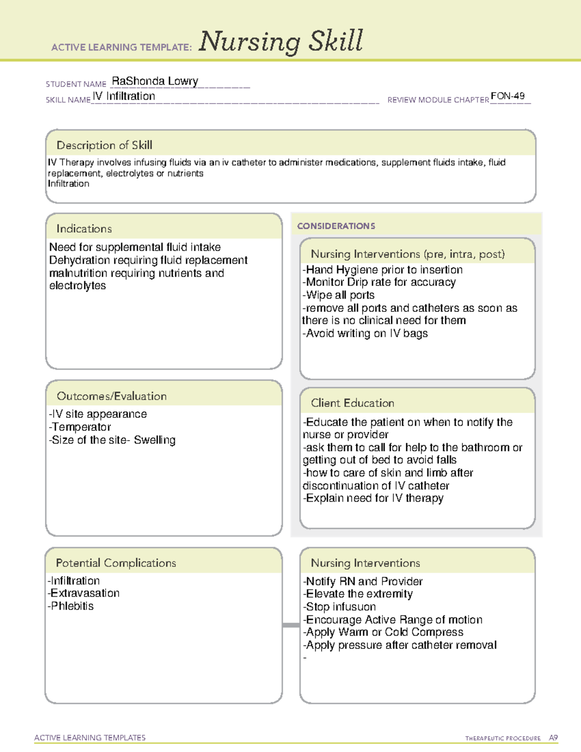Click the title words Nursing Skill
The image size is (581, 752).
tap(281, 41)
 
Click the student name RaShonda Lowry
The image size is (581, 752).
tap(155, 81)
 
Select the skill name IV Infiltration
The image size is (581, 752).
tap(124, 96)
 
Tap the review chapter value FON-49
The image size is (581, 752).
tap(507, 96)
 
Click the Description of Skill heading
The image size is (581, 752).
tap(104, 145)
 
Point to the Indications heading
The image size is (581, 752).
tap(84, 229)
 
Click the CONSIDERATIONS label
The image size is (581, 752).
tap(336, 226)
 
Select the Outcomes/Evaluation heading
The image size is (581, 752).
tap(111, 396)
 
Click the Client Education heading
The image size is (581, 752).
tap(352, 403)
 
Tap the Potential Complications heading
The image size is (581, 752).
tap(116, 563)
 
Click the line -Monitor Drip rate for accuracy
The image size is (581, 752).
tap(379, 282)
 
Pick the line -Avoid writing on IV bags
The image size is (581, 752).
tap(365, 334)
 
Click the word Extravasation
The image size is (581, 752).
tap(85, 593)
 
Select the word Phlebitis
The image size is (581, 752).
tap(72, 606)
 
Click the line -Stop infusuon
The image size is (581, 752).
tap(339, 607)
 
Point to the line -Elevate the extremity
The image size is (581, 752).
tap(358, 594)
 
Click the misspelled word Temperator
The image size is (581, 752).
tap(81, 427)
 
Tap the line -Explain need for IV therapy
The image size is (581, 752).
tap(373, 498)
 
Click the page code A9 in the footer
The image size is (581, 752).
tap(553, 738)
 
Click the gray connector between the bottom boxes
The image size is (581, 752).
tap(291, 625)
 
